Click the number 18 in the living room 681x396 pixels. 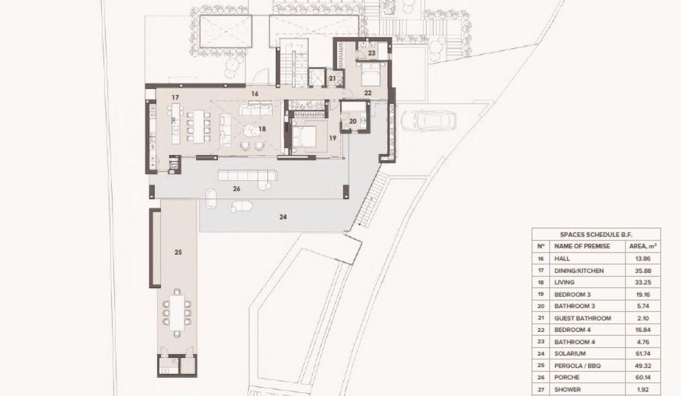point(262,129)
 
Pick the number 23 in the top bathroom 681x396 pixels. point(372,53)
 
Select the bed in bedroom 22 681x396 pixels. point(372,74)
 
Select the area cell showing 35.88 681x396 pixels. point(643,270)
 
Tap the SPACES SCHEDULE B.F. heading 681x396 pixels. point(595,234)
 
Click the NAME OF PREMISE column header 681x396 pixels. point(582,246)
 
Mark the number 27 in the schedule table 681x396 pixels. point(540,389)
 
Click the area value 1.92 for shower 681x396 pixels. point(643,389)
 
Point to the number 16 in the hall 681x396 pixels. point(254,94)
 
